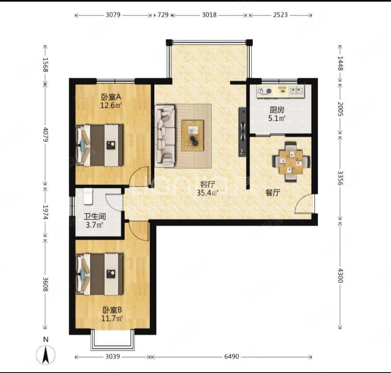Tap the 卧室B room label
pyautogui.click(x=112, y=310)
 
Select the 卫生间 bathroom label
pyautogui.click(x=94, y=216)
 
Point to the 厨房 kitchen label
pyautogui.click(x=277, y=110)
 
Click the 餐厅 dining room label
pyautogui.click(x=273, y=192)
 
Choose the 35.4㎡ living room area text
pyautogui.click(x=207, y=193)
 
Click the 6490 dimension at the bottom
pyautogui.click(x=231, y=357)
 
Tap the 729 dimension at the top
pyautogui.click(x=163, y=15)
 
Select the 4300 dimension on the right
pyautogui.click(x=340, y=276)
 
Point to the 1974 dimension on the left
pyautogui.click(x=45, y=212)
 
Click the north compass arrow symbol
pyautogui.click(x=46, y=355)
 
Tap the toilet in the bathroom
pyautogui.click(x=88, y=196)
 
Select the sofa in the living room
pyautogui.click(x=165, y=136)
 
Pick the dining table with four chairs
pyautogui.click(x=291, y=162)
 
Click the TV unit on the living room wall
pyautogui.click(x=243, y=132)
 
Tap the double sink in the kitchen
pyautogui.click(x=297, y=91)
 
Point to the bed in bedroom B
pyautogui.click(x=100, y=274)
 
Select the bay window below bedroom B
pyautogui.click(x=113, y=340)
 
